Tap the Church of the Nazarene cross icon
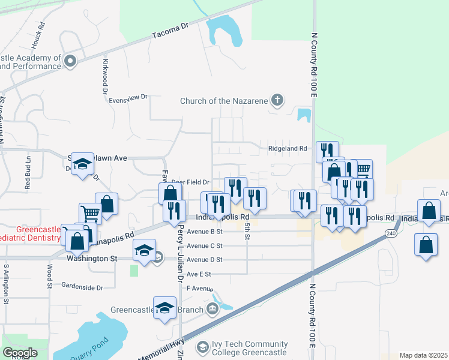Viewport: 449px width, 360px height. [277, 100]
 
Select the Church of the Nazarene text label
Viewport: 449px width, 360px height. [224, 101]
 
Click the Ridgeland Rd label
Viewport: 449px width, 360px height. [287, 148]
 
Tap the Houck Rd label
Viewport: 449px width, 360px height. [38, 37]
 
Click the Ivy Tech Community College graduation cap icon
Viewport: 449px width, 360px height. [203, 347]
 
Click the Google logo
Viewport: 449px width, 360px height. [19, 352]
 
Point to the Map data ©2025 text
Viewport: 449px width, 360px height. [423, 355]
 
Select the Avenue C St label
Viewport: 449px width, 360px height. [204, 245]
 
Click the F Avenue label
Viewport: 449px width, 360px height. [200, 289]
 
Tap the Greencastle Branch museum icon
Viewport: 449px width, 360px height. [212, 310]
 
